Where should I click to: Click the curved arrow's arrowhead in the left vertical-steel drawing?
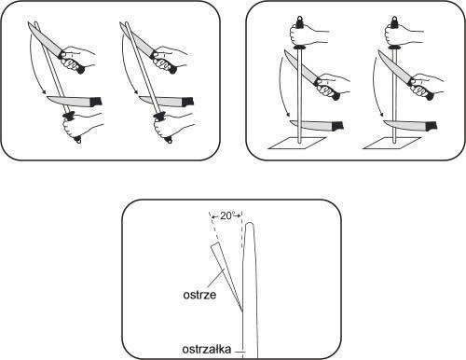pos(289,118)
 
